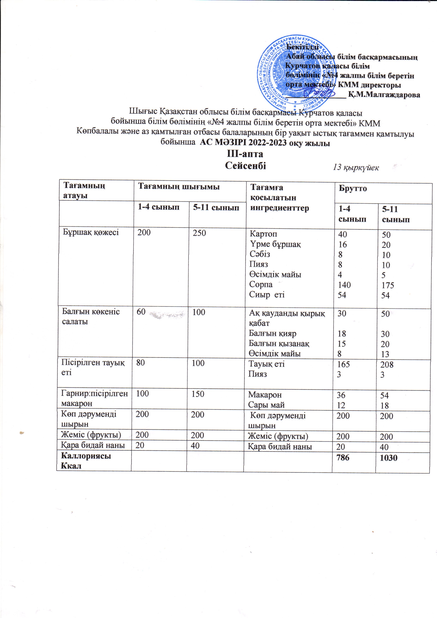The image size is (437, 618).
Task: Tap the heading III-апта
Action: tap(245, 154)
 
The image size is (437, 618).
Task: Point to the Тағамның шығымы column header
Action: tap(178, 186)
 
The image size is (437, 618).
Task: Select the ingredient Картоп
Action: tap(263, 234)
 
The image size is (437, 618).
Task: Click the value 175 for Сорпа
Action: tap(388, 285)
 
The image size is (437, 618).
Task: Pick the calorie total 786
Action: tap(343, 457)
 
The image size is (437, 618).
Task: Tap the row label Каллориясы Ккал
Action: tap(86, 461)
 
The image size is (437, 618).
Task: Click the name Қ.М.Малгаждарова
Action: tap(384, 95)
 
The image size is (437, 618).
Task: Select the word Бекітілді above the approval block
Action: tap(302, 47)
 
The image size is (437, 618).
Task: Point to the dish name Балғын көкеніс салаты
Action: tap(91, 316)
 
